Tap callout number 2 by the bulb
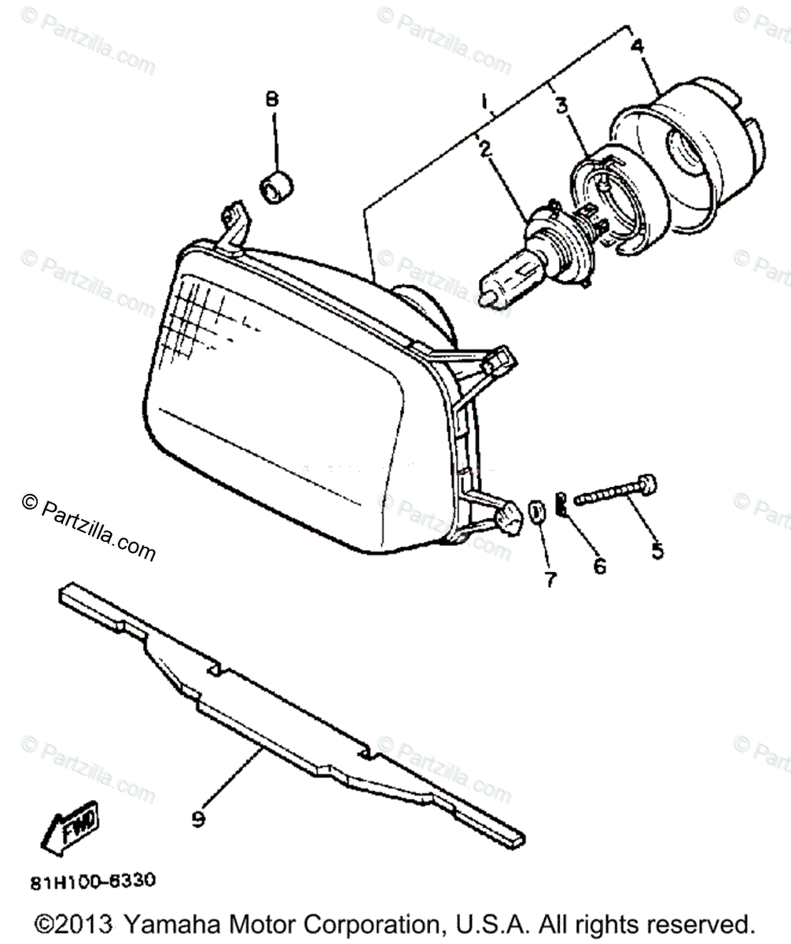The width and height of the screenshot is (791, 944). [485, 147]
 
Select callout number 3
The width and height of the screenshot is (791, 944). [562, 106]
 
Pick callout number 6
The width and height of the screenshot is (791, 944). [600, 565]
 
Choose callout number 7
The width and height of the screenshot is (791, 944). [550, 580]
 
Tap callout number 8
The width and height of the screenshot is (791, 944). [272, 100]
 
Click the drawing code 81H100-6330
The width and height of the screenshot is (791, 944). [93, 881]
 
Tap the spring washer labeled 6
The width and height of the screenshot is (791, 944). [561, 503]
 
